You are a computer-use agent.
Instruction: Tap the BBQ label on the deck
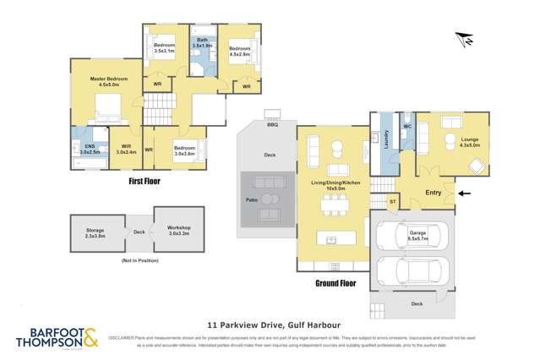coord(272,125)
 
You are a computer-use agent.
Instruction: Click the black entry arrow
coord(465,193)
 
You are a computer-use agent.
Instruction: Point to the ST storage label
coord(392,203)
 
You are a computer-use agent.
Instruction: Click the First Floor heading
coord(145,181)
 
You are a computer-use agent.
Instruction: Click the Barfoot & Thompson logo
coord(57,339)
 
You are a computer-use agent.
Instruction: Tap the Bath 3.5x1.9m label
coord(203,43)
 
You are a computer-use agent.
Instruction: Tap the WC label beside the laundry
coord(406,127)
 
